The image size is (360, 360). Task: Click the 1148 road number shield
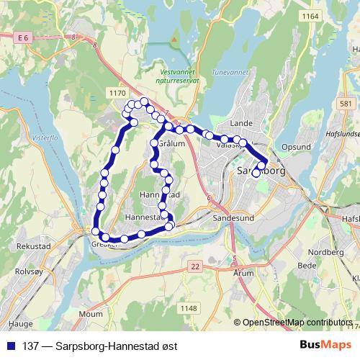tap(189, 309)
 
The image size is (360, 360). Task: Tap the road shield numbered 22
tap(195, 266)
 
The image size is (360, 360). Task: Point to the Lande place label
tap(238, 123)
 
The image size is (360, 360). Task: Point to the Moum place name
tap(91, 314)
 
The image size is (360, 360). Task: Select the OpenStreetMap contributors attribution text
tap(297, 323)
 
